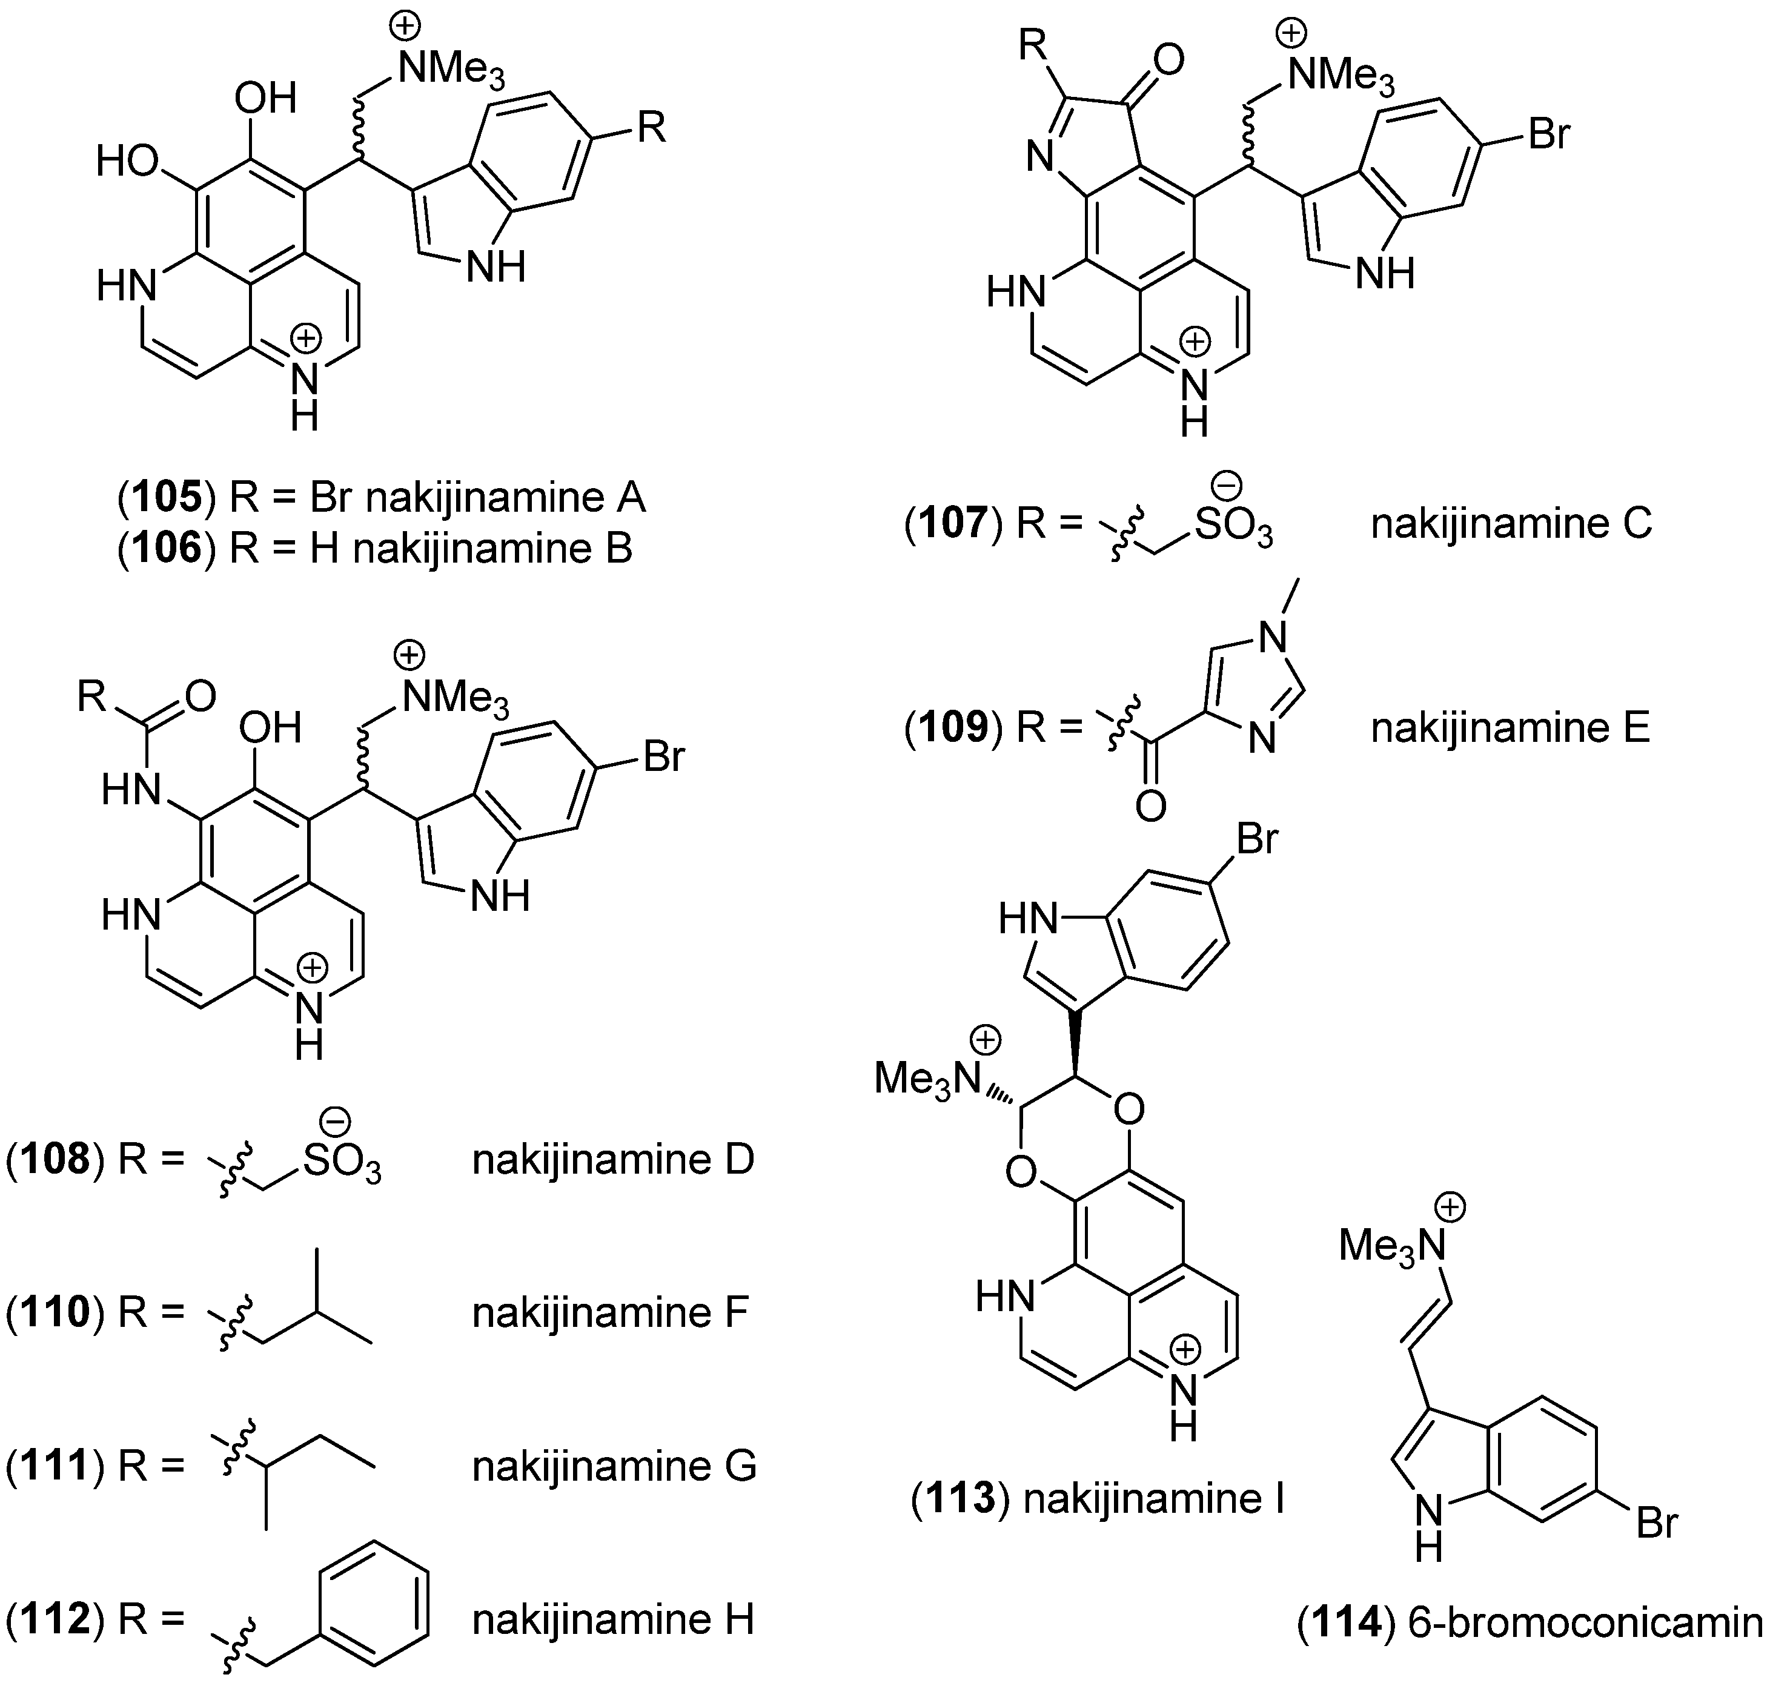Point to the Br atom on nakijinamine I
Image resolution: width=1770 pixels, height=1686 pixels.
tap(1257, 839)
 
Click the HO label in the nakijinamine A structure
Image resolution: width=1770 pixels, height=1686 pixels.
tap(127, 162)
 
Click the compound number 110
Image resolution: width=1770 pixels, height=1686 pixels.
tap(56, 1313)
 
